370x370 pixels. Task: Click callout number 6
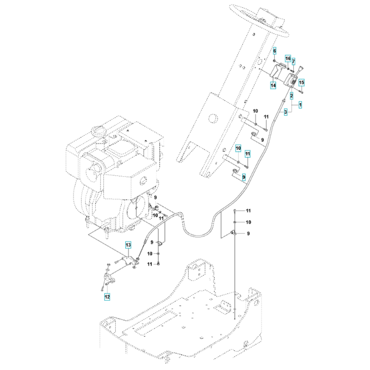(275, 51)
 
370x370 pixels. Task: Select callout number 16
(288, 58)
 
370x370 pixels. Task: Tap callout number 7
(293, 62)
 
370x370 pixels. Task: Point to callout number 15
(302, 83)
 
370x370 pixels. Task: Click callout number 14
(273, 85)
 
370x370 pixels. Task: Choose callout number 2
(292, 96)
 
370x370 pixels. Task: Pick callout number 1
(300, 105)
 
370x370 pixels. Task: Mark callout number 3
(286, 112)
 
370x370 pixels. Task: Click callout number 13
(128, 245)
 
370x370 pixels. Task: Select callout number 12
(107, 297)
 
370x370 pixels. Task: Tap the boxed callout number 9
(244, 176)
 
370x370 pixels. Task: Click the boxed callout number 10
(238, 148)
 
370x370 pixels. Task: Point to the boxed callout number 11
(248, 154)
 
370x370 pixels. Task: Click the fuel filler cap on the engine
(97, 131)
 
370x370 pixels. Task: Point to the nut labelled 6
(275, 61)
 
